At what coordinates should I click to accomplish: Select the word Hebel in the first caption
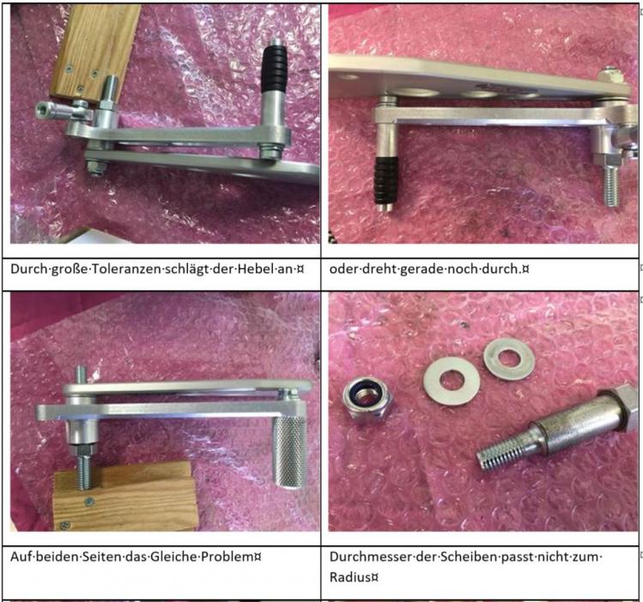259,269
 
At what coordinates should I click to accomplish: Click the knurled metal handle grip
289,452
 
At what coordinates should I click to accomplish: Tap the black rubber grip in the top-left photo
275,69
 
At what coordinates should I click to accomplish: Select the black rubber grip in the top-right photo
385,180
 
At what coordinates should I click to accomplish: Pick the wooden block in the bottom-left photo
126,496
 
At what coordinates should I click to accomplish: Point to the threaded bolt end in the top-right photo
610,186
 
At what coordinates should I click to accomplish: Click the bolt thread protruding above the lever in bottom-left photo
81,375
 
